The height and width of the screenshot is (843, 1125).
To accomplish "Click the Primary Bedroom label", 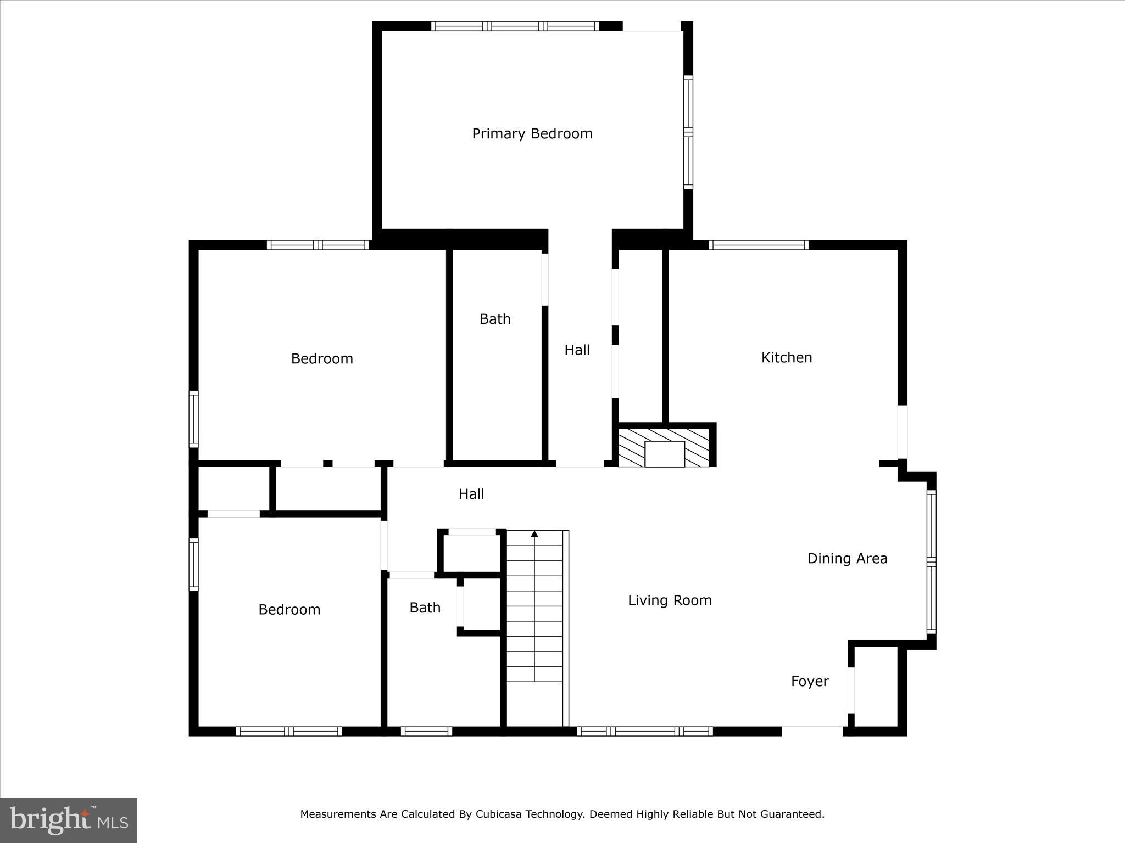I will point(532,134).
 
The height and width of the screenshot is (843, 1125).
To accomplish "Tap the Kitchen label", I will point(786,358).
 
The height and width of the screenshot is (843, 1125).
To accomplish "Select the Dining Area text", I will point(846,559).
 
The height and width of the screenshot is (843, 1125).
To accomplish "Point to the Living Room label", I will point(669,600).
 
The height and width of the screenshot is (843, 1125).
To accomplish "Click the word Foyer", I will point(809,682).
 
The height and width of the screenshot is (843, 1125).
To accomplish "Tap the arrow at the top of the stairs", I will point(534,533).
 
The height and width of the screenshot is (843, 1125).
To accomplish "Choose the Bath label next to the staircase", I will point(425,608).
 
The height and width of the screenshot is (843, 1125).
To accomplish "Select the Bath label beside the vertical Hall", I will point(494,319).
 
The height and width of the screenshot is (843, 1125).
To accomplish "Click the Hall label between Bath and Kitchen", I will point(577,350).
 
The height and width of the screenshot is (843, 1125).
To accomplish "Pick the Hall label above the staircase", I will point(471,494).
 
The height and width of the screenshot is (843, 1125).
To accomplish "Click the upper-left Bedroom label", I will point(321,359).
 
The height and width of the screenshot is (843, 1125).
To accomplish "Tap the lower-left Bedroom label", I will point(289,610).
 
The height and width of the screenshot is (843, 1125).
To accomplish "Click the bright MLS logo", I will point(69,820).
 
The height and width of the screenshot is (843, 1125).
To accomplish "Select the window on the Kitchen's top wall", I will point(758,245).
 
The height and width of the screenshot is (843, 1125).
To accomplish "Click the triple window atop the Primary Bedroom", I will point(515,26).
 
